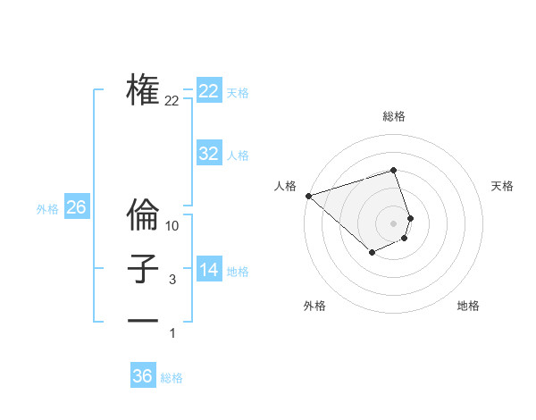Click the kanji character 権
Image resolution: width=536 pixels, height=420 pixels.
[143, 89]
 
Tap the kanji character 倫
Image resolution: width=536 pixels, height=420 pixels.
[143, 214]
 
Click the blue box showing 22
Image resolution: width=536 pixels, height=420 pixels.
[209, 91]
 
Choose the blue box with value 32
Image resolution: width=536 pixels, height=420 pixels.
[209, 154]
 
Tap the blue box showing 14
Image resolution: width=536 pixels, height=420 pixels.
[209, 270]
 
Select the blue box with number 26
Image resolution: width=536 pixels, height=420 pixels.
[77, 207]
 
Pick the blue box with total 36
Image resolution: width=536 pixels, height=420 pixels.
[143, 376]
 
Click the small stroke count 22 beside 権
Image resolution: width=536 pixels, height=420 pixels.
[172, 101]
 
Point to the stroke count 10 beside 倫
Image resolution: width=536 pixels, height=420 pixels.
[172, 227]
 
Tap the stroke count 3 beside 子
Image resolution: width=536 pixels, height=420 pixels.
[172, 281]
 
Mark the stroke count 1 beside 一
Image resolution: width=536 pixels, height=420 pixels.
[172, 333]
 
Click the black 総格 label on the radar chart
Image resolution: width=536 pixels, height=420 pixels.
[394, 116]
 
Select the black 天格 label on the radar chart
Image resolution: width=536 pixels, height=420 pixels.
[503, 186]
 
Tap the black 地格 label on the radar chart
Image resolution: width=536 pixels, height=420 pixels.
[468, 306]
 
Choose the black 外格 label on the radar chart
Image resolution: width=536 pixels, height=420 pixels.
[314, 306]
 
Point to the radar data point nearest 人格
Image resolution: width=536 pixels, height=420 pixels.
[308, 196]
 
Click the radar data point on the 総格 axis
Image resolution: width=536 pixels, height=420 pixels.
[394, 170]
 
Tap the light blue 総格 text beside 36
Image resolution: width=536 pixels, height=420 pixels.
[172, 378]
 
